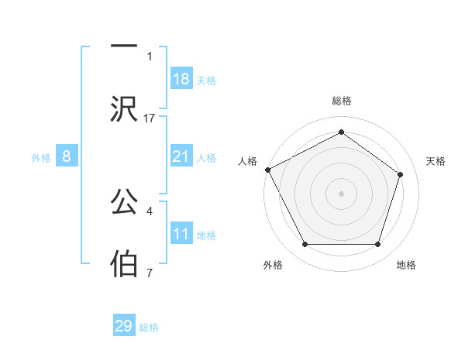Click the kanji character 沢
[125, 109]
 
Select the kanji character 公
[125, 202]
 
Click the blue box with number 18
[181, 79]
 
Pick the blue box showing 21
[181, 156]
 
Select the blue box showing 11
[181, 234]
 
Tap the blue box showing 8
[67, 156]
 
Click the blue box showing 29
[124, 326]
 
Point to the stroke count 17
[150, 118]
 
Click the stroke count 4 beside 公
[150, 209]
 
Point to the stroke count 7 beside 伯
[150, 272]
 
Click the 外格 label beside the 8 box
[41, 158]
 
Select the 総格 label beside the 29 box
[149, 328]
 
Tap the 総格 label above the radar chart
[341, 101]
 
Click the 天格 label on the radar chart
[436, 161]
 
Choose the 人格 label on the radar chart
[247, 161]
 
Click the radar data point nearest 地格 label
[377, 245]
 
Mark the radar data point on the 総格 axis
[341, 132]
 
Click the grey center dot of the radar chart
[341, 194]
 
